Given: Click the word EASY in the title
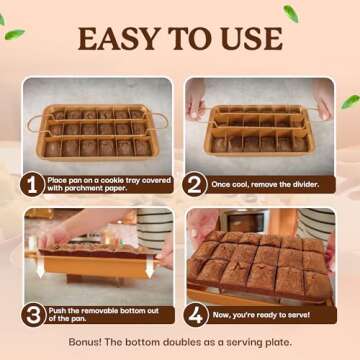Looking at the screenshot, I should pos(111,41).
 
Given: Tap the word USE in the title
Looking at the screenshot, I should pos(250,41).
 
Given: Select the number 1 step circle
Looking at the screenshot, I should pos(36,184).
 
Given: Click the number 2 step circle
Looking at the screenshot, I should pos(197,184).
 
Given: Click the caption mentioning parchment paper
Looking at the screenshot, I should pos(100,184).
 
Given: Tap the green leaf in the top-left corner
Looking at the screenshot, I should pos(13,34).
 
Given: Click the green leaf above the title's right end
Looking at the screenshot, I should pos(290,13).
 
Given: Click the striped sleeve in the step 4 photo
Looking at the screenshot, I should pos(318,225).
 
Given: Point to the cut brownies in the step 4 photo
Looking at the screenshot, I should pos(260,265).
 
